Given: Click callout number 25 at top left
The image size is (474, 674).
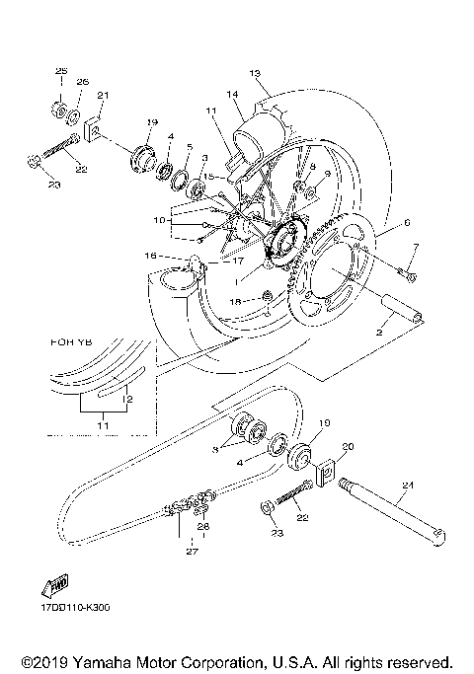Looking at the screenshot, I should tap(60, 72).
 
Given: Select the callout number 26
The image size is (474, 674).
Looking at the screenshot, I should tap(82, 81).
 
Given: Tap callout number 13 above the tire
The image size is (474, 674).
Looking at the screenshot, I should tap(254, 73).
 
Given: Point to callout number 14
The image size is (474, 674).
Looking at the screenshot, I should tap(233, 95).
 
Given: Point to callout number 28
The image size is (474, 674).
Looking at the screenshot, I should tap(204, 528).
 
